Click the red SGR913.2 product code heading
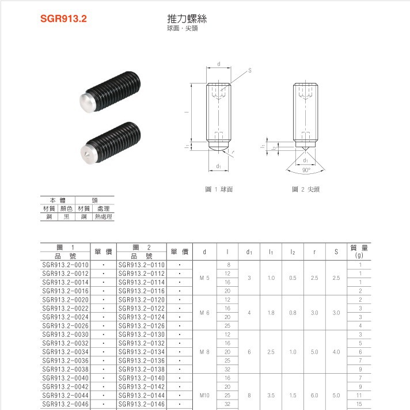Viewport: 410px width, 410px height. tap(63, 18)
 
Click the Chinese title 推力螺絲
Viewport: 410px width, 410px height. tap(187, 18)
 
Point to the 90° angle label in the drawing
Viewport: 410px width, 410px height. tap(306, 170)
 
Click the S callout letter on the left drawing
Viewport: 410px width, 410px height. tap(250, 70)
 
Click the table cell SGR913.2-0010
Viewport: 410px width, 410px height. tap(66, 265)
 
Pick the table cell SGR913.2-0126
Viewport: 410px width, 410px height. tap(142, 326)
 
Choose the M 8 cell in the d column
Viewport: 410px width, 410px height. tap(204, 352)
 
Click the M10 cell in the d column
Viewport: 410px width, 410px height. tap(204, 396)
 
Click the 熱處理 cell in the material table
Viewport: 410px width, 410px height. tap(104, 217)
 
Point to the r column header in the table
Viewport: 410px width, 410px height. tap(314, 252)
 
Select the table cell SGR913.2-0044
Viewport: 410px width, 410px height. tap(66, 396)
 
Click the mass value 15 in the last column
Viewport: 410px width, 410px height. tap(360, 404)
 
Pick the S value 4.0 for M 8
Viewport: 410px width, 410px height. tap(336, 352)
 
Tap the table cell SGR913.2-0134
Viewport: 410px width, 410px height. tap(142, 352)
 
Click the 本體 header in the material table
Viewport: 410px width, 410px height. tap(58, 200)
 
